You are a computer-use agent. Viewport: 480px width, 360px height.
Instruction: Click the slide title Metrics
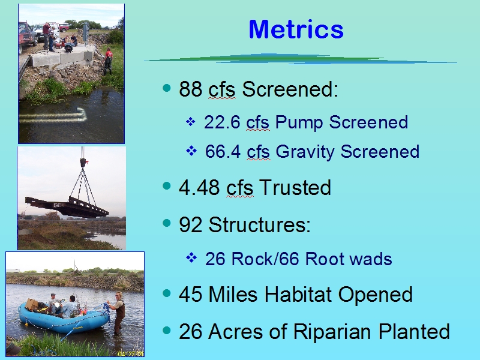coord(296,29)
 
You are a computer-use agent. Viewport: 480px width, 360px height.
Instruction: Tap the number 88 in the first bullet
coord(190,89)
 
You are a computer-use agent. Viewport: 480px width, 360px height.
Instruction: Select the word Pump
coord(299,122)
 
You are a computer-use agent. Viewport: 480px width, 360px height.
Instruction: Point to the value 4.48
coord(199,187)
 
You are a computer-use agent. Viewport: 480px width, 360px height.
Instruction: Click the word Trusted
coord(295,187)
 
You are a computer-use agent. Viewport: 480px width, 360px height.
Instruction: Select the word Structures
coord(259,224)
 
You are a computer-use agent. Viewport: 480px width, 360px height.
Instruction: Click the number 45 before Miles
coord(190,294)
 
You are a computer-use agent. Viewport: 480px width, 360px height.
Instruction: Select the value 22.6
coord(222,122)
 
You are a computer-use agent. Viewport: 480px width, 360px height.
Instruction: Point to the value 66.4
coord(223,152)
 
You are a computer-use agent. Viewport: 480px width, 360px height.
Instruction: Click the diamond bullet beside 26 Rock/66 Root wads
coord(191,258)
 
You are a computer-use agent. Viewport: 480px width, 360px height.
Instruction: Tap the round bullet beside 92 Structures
coord(167,223)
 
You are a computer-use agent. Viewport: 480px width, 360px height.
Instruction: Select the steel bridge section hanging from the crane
coord(67,207)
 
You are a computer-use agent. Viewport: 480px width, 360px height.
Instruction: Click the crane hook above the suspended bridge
coord(83,162)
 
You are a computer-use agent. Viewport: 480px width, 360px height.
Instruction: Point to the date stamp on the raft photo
coord(131,353)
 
